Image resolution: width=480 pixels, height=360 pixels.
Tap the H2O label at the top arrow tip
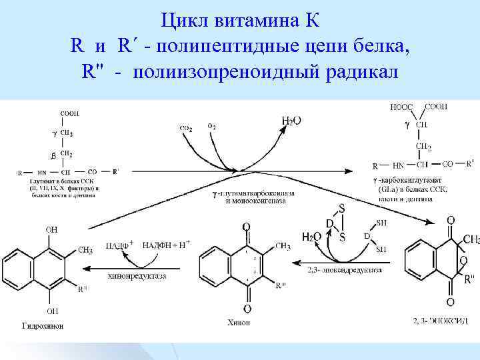coord(291,119)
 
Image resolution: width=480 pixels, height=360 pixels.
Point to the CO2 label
coord(186,128)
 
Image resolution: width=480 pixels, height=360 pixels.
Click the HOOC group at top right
coord(401,107)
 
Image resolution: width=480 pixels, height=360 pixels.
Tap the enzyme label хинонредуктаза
coord(137,275)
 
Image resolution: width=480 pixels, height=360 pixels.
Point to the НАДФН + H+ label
coord(165,245)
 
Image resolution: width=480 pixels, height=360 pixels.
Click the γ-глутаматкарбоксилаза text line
coord(254,193)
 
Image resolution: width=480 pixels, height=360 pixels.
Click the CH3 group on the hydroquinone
coord(85,250)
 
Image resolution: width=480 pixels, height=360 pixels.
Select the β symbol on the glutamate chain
coord(52,155)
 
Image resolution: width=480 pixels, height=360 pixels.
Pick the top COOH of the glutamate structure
coord(69,114)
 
